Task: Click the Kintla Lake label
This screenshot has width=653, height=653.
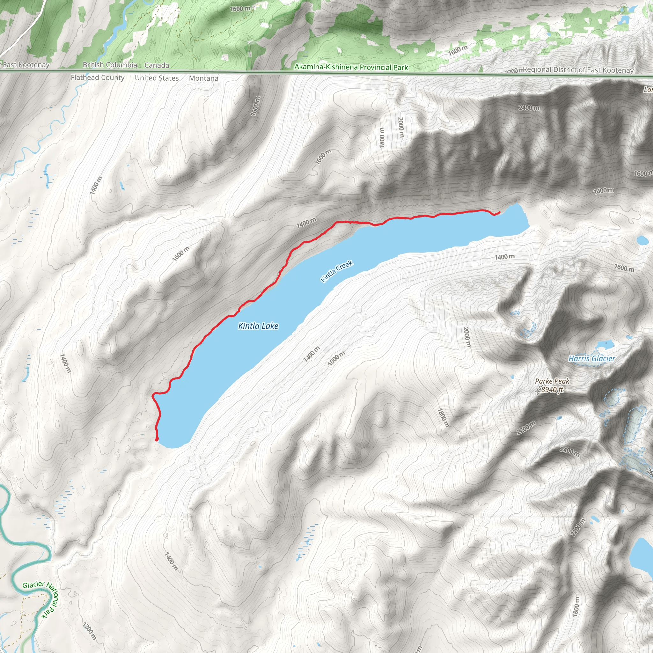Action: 258,326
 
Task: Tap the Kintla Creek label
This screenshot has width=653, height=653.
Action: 337,271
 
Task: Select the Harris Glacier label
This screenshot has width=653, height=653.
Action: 591,359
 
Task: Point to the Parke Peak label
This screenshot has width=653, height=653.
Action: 552,381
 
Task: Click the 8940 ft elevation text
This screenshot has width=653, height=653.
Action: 552,390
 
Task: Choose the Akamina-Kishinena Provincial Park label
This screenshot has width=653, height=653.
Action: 351,67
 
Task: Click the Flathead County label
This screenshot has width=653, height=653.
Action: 98,77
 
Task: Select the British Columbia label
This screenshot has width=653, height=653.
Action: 110,65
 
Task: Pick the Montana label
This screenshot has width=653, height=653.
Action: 203,78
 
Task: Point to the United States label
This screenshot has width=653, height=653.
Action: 157,78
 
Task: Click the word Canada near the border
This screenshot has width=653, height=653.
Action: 157,65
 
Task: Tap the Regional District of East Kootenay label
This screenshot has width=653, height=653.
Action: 578,70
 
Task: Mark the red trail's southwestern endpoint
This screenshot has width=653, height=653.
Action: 157,439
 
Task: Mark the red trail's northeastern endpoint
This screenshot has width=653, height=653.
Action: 500,212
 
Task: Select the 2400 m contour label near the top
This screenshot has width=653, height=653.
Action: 529,108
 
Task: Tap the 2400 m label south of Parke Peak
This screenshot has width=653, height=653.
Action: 569,451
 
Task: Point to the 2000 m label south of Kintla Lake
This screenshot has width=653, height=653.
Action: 467,337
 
